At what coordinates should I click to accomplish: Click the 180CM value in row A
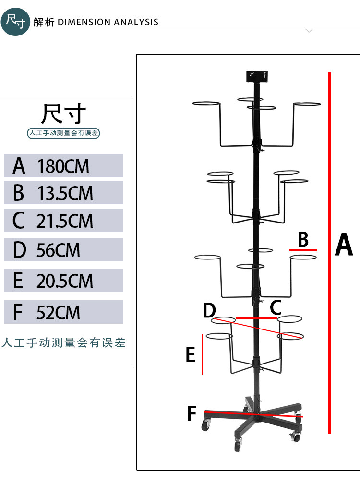[x=63, y=166]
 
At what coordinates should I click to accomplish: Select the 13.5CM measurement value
[x=65, y=193]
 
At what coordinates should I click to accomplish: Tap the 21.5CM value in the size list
[x=65, y=221]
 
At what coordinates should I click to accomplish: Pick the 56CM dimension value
[x=59, y=250]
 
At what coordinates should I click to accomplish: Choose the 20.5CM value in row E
[x=65, y=281]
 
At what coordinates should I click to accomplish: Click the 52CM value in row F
[x=59, y=313]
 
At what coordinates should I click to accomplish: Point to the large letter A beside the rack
[x=344, y=245]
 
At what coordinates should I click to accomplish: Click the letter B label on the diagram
[x=303, y=239]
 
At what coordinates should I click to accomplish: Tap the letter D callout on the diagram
[x=209, y=310]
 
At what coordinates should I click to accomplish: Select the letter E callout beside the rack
[x=191, y=355]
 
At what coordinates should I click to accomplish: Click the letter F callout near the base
[x=192, y=413]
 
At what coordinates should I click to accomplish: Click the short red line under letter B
[x=303, y=250]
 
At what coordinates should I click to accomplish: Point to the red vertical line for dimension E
[x=203, y=354]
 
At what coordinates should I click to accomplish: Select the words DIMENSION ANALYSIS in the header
[x=108, y=22]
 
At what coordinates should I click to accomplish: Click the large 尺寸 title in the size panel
[x=64, y=114]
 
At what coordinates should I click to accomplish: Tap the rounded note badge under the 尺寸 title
[x=63, y=133]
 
